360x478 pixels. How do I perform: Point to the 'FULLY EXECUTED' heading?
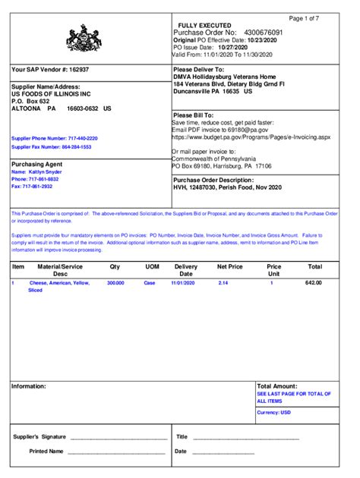click(x=204, y=26)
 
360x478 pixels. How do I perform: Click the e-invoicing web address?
click(x=251, y=137)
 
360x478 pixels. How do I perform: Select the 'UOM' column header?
click(x=152, y=267)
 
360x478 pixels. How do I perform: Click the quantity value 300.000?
click(x=115, y=282)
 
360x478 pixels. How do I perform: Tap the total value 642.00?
click(x=314, y=282)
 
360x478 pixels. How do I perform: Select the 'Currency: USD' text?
click(x=274, y=412)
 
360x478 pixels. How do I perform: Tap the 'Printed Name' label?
click(x=46, y=451)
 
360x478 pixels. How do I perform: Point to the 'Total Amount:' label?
click(x=277, y=386)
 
